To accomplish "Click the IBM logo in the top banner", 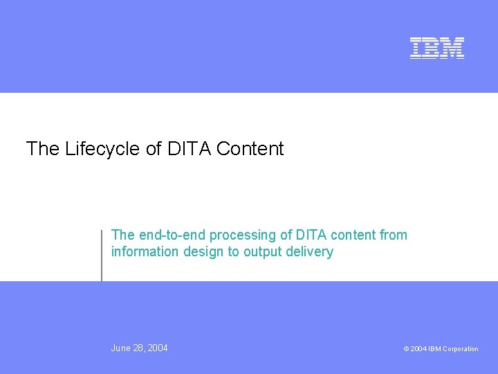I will (437, 48).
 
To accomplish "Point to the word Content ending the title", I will (250, 149).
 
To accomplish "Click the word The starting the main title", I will (43, 149).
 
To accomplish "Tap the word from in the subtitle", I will (394, 235).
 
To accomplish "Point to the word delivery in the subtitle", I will (310, 252).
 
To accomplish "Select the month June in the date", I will (122, 348).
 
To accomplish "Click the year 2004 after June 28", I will (158, 348).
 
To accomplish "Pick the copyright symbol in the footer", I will (406, 349).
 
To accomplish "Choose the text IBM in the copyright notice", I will (434, 349).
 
